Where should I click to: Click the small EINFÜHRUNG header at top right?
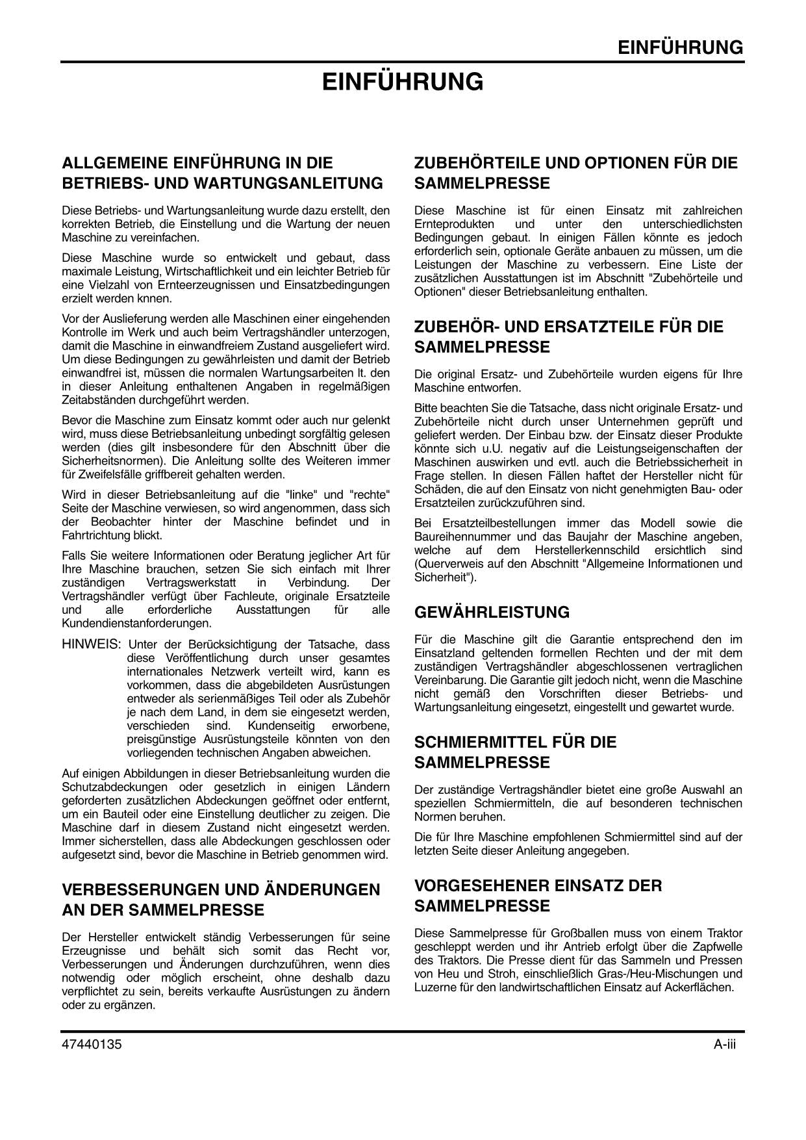tap(679, 47)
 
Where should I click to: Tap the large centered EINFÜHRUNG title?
tap(403, 82)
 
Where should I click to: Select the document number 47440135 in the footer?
tap(92, 1045)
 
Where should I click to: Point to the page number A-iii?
tap(724, 1045)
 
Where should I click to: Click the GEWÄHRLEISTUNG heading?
tap(492, 613)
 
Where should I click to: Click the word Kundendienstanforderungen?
tap(136, 624)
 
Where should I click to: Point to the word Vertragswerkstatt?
tap(192, 583)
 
